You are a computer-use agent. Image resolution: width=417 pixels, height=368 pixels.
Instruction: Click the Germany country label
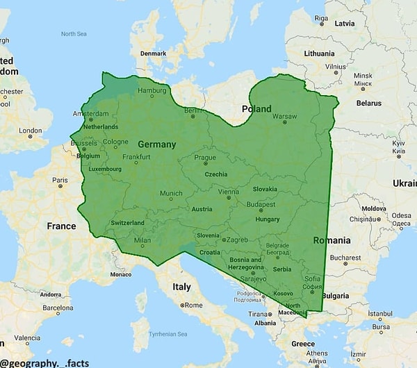[156, 144]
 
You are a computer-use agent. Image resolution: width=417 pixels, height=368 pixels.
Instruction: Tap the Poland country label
[256, 109]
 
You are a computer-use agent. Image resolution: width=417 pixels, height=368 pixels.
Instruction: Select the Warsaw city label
[284, 116]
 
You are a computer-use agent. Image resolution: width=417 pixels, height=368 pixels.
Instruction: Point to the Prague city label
[205, 158]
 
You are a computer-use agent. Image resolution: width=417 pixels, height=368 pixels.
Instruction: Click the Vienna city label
[228, 192]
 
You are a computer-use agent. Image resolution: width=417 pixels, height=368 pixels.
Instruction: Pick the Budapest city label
[262, 205]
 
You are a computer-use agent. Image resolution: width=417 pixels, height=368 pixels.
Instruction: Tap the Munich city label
[171, 194]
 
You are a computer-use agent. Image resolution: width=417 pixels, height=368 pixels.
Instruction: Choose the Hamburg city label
[152, 91]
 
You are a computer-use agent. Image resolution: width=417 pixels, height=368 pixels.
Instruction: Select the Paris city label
[60, 180]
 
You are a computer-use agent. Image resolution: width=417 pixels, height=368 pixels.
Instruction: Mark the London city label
[30, 130]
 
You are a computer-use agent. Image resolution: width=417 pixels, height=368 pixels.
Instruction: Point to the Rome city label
[194, 305]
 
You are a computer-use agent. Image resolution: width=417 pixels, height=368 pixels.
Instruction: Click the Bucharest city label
[345, 257]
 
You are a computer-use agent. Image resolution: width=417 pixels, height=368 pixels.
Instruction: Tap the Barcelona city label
[57, 308]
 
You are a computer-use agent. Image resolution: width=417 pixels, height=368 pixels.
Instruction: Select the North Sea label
[74, 33]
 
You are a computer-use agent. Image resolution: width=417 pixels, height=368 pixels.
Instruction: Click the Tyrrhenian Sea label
[168, 334]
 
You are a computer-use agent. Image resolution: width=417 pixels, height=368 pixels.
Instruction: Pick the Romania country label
[332, 240]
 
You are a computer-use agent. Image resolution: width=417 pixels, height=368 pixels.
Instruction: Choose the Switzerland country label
[127, 222]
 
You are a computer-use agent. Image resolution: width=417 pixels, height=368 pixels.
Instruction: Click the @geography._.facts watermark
[44, 362]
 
